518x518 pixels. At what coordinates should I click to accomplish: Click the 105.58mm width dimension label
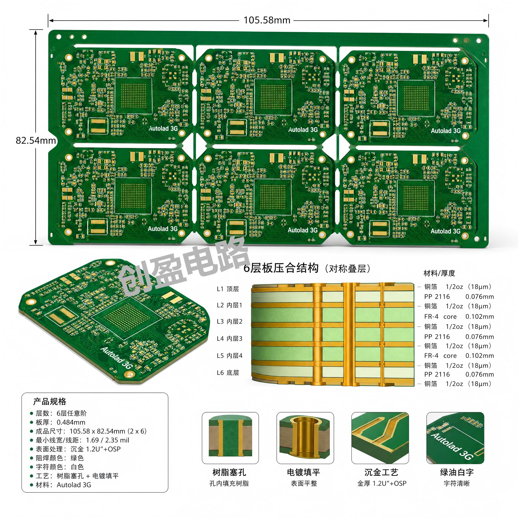267,20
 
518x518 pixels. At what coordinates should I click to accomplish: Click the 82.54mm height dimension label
36,140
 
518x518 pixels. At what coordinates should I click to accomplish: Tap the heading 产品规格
50,401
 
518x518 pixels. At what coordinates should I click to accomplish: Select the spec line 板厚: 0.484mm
61,422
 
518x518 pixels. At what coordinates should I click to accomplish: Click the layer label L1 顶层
228,289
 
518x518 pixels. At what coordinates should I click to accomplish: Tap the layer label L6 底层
228,372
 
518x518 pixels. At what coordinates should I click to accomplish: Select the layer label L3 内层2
229,321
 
